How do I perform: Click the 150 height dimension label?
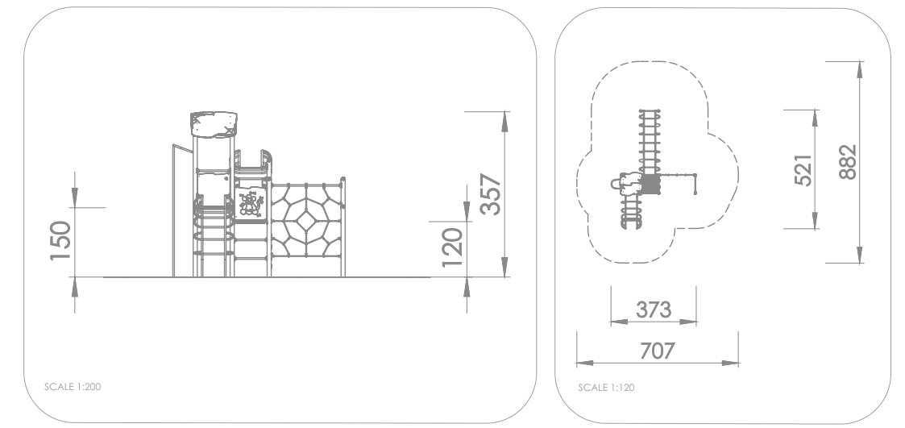point(60,241)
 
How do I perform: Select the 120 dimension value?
point(453,247)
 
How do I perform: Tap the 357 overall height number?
point(491,194)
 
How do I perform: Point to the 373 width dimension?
point(654,310)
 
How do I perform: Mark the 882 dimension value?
point(847,162)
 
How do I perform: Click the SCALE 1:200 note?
point(73,387)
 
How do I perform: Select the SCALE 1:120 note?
point(606,388)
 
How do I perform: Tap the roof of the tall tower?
point(214,125)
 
